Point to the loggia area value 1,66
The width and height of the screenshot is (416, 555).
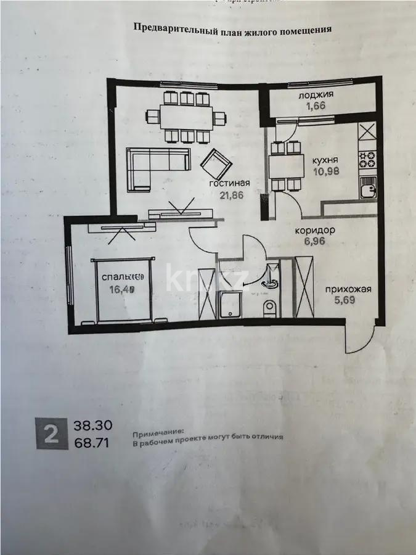click(316, 105)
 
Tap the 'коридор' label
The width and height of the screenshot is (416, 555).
click(314, 230)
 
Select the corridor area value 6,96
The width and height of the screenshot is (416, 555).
click(314, 241)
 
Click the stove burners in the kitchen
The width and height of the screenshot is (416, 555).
click(367, 159)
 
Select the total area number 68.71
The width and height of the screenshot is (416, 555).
click(93, 442)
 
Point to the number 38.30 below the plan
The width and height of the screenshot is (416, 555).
click(93, 426)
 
